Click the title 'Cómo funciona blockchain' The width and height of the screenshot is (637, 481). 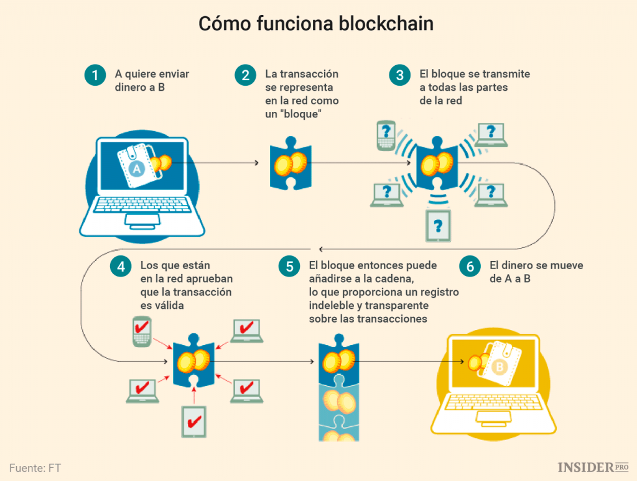point(315,24)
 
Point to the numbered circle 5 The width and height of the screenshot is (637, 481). point(289,267)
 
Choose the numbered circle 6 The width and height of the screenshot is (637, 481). point(470,267)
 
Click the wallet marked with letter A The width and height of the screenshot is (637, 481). point(140,166)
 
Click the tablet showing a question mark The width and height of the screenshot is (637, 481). point(439,225)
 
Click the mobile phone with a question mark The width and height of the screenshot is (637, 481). point(387,135)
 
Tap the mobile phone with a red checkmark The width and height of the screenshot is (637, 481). point(142,331)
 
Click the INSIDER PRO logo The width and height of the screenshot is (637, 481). point(593,467)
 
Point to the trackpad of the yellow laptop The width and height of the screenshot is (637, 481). point(493,419)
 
